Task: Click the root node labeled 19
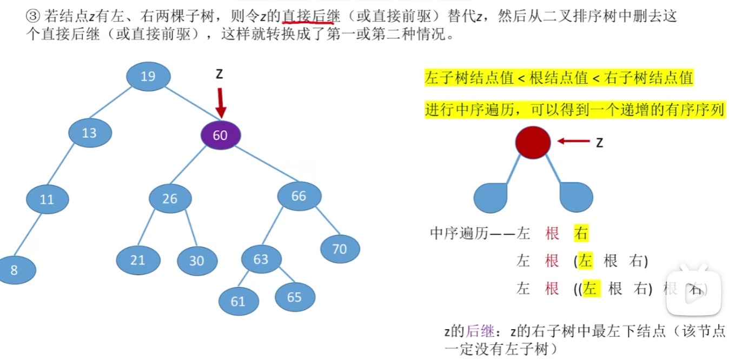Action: click(x=148, y=76)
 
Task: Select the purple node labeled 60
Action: click(x=220, y=135)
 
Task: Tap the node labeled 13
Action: click(x=90, y=132)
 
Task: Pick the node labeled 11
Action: click(x=48, y=199)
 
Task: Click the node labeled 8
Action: click(x=15, y=270)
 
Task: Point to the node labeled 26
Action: click(x=170, y=198)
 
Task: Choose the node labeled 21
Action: click(x=137, y=260)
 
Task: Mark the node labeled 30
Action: click(x=197, y=261)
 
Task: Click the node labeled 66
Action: click(x=299, y=196)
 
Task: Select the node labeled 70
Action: click(x=340, y=249)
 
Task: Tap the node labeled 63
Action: click(x=261, y=259)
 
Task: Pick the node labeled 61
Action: click(x=238, y=301)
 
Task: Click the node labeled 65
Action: click(x=295, y=297)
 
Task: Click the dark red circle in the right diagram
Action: click(x=533, y=143)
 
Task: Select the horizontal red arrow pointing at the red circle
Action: click(x=573, y=142)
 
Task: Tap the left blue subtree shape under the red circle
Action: click(x=491, y=198)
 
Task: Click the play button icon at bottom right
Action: click(x=694, y=292)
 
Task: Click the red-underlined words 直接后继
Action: click(x=311, y=17)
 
